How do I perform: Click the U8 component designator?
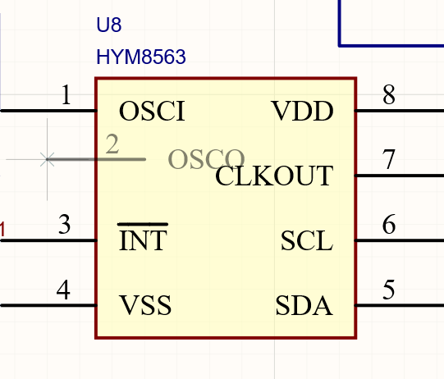[x=109, y=25]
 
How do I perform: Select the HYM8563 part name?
[x=141, y=57]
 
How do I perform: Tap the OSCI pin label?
[x=152, y=111]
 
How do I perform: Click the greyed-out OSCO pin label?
[x=207, y=159]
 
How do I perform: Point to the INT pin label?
[x=143, y=240]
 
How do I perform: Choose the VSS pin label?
[x=145, y=305]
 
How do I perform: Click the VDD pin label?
[x=302, y=111]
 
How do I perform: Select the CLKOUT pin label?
[x=274, y=176]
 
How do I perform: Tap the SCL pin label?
[x=307, y=240]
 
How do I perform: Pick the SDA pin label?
[x=304, y=305]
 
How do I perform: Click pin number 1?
[x=66, y=94]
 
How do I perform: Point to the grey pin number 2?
[x=112, y=144]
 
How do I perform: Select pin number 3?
[x=64, y=224]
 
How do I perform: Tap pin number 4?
[x=63, y=290]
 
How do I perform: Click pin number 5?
[x=388, y=290]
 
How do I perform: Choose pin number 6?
[x=389, y=224]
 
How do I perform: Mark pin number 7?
[x=388, y=159]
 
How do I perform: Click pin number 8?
[x=389, y=94]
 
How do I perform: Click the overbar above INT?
[x=143, y=224]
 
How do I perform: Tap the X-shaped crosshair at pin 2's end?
[x=47, y=159]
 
